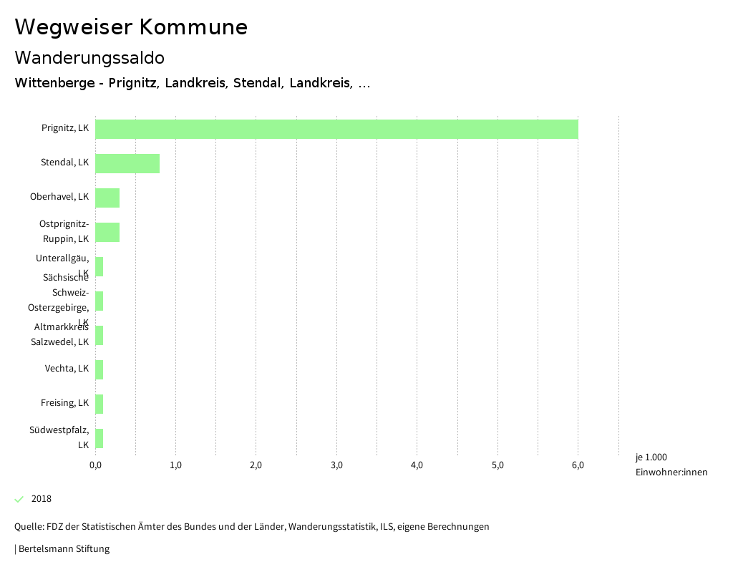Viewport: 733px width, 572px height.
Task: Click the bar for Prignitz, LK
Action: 336,129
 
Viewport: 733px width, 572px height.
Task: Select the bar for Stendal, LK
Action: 127,163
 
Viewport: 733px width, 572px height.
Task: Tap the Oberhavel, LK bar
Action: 107,198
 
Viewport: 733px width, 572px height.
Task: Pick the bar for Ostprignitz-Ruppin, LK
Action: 107,232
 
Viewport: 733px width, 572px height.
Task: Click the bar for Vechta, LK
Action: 99,369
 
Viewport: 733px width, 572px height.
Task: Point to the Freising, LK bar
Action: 99,404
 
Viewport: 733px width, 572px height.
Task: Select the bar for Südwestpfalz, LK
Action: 99,438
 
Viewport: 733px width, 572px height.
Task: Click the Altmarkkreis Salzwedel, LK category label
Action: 60,334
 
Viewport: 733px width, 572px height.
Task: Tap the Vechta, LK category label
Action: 67,369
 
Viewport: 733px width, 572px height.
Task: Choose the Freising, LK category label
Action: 64,403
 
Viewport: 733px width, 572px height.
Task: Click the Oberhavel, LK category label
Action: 59,197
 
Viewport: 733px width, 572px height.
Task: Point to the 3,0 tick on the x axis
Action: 336,465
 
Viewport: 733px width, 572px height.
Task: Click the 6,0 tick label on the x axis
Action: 578,465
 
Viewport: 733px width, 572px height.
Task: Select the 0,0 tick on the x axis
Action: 95,465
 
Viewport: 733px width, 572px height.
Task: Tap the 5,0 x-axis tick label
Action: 497,465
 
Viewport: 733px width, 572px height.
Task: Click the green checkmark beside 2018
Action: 19,499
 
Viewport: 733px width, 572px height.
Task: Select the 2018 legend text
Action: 42,499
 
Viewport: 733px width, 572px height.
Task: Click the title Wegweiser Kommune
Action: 131,27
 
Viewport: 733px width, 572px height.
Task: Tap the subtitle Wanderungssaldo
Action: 89,57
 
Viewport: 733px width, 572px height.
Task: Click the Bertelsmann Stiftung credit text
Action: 63,549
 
